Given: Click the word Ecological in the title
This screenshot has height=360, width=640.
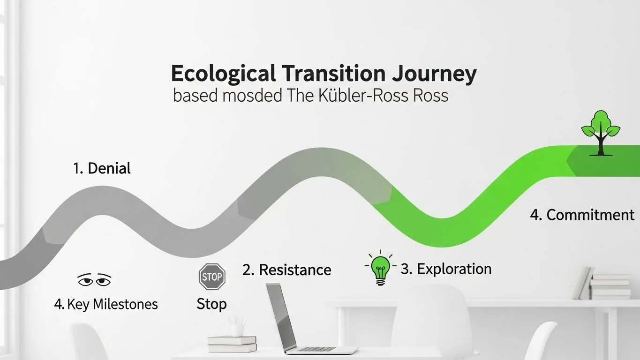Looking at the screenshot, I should (x=223, y=75).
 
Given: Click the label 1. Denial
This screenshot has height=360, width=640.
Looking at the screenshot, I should (x=102, y=168).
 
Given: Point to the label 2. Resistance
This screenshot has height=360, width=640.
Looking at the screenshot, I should (x=286, y=270).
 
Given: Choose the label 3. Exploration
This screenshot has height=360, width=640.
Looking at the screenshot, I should (x=446, y=269).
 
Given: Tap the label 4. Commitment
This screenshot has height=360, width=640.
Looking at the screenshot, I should (x=582, y=215).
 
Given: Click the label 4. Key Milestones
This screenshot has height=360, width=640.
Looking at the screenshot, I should (x=106, y=304).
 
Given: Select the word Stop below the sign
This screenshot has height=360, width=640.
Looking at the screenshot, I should (x=211, y=304).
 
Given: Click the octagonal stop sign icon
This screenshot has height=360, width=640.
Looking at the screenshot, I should (x=212, y=276).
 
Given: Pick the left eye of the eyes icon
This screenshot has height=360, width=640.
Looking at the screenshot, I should (x=85, y=281).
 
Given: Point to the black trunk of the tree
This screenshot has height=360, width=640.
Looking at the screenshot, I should (x=601, y=145).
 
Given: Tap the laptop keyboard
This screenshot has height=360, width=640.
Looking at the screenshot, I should (x=316, y=349).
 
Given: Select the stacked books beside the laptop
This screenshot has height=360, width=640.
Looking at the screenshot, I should (x=232, y=344).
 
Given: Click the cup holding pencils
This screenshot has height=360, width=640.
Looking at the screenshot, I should (x=237, y=329).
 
